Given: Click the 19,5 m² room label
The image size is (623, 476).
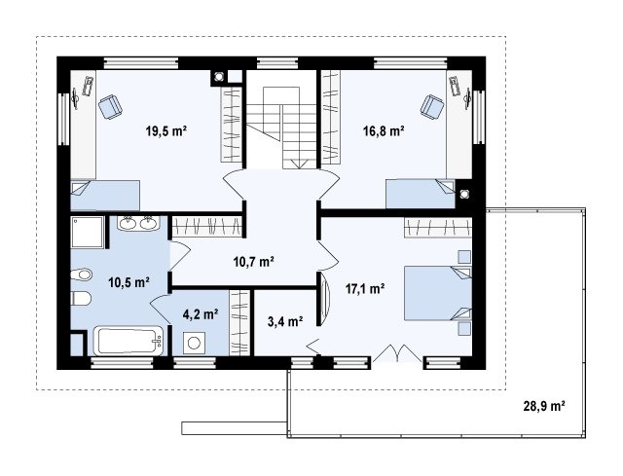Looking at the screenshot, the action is (166, 130).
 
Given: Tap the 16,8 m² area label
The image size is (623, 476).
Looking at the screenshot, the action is (384, 130).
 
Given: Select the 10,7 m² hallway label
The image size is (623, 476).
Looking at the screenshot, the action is (253, 262).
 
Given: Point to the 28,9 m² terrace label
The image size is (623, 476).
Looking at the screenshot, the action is (544, 406).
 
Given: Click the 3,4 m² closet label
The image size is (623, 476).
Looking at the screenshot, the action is (285, 321).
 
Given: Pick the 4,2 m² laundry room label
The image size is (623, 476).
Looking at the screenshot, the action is (201, 314).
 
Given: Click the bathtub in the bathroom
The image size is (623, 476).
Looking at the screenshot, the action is (128, 341).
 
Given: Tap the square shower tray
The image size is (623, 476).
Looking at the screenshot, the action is (88, 233).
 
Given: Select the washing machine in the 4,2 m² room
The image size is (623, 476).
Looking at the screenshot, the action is (194, 343).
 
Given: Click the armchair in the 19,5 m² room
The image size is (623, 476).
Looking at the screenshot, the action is (110, 107).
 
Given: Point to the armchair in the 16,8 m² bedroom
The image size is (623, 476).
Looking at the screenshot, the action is (432, 106).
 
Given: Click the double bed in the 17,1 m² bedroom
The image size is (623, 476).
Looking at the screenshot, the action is (438, 293).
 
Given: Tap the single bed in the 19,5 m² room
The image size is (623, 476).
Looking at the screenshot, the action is (105, 195).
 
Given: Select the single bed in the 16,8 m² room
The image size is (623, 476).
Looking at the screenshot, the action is (421, 194).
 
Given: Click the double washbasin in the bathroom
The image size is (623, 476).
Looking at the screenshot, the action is (138, 223).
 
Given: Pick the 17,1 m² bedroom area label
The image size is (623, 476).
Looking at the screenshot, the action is (364, 288).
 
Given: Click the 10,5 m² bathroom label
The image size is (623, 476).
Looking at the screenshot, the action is (128, 282).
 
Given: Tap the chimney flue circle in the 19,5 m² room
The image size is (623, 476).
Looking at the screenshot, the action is (218, 77).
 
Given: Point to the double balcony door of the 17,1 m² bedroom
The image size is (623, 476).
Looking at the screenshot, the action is (397, 353).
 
